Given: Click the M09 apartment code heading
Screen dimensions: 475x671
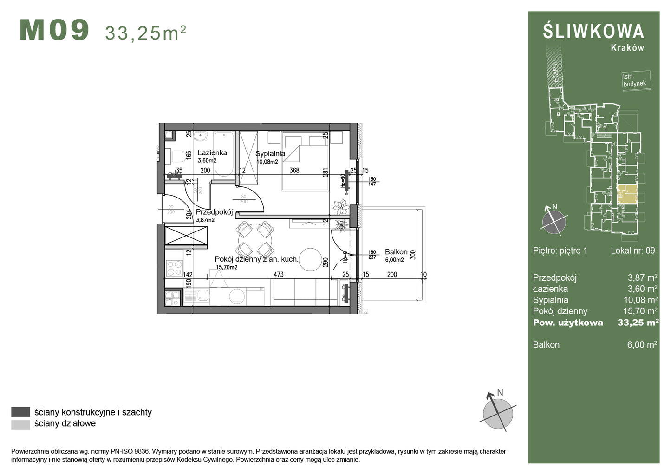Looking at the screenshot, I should click(x=54, y=31).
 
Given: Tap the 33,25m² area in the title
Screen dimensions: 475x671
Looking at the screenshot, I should click(x=145, y=33).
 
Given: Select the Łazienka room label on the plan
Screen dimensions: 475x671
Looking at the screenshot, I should click(x=212, y=152).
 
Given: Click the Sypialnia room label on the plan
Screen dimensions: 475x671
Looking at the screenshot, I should click(x=270, y=154).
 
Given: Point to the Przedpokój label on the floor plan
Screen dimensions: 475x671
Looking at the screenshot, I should click(x=214, y=212).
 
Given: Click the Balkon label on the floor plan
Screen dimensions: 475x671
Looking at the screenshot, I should click(x=396, y=252).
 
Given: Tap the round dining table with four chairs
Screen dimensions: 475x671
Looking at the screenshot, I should click(x=254, y=239).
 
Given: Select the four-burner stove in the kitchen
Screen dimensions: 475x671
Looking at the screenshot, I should click(x=175, y=268).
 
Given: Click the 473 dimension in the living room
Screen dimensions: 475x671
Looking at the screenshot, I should click(x=278, y=275).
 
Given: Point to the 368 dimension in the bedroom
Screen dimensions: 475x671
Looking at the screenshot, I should click(x=294, y=171).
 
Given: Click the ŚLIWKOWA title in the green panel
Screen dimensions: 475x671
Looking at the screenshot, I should click(x=593, y=32).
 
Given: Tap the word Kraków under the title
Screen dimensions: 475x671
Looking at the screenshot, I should click(x=627, y=48).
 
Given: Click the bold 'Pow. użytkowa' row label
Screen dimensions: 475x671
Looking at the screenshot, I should click(x=567, y=323).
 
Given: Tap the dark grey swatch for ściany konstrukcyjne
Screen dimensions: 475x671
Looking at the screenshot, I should click(x=20, y=412).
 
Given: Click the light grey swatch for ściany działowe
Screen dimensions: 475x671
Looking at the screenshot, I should click(x=20, y=424).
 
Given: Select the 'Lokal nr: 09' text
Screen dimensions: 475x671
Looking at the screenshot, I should click(x=632, y=251).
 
